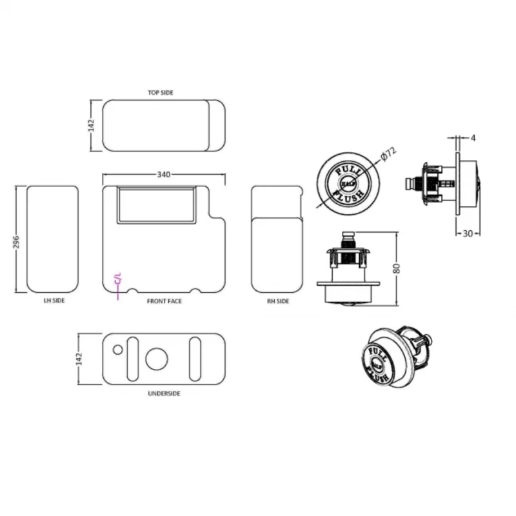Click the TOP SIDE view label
pyautogui.click(x=160, y=93)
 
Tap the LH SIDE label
pyautogui.click(x=54, y=301)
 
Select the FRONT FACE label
pyautogui.click(x=164, y=301)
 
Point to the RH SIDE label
pyautogui.click(x=278, y=301)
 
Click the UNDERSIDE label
pyautogui.click(x=164, y=393)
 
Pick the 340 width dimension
pyautogui.click(x=164, y=174)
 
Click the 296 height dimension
pyautogui.click(x=17, y=242)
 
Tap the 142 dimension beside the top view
pyautogui.click(x=91, y=126)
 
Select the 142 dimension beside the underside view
pyautogui.click(x=79, y=359)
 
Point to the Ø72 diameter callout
pyautogui.click(x=388, y=154)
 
